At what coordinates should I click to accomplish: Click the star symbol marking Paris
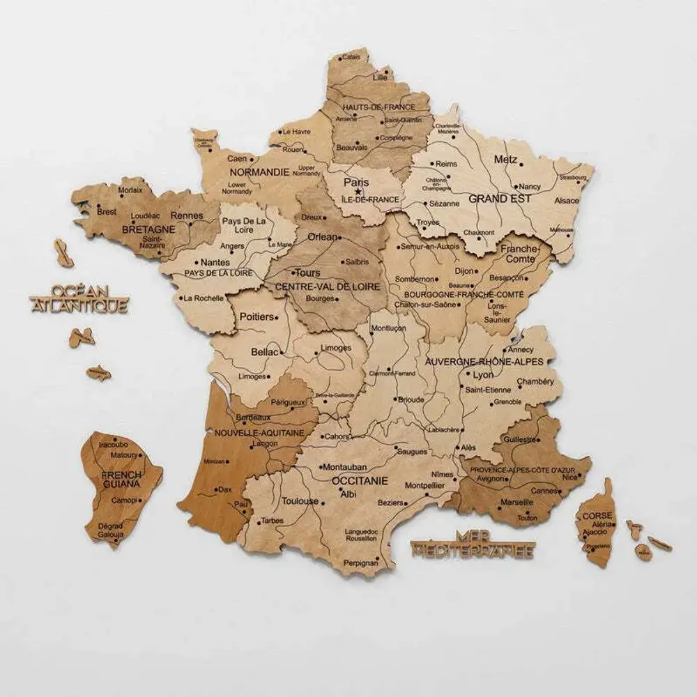pyautogui.click(x=358, y=191)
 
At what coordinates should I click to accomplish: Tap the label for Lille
pyautogui.click(x=380, y=77)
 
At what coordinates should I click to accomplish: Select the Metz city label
pyautogui.click(x=505, y=160)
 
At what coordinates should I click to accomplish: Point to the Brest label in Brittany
pyautogui.click(x=107, y=211)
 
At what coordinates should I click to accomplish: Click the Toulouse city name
pyautogui.click(x=300, y=501)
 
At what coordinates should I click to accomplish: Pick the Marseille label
pyautogui.click(x=516, y=502)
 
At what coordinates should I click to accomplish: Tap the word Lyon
pyautogui.click(x=483, y=375)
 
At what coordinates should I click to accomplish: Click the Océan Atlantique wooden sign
pyautogui.click(x=79, y=298)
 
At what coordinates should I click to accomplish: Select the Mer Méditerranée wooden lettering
pyautogui.click(x=473, y=544)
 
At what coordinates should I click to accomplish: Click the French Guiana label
pyautogui.click(x=121, y=479)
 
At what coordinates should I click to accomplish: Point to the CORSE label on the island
pyautogui.click(x=597, y=516)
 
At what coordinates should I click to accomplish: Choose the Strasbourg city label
pyautogui.click(x=572, y=177)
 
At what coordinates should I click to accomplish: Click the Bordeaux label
pyautogui.click(x=253, y=417)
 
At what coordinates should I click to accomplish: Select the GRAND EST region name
pyautogui.click(x=500, y=199)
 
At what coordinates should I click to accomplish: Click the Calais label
pyautogui.click(x=351, y=56)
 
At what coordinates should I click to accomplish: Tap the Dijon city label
pyautogui.click(x=464, y=270)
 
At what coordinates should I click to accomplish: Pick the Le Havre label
pyautogui.click(x=296, y=131)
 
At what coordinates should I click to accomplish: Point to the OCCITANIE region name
pyautogui.click(x=359, y=481)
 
